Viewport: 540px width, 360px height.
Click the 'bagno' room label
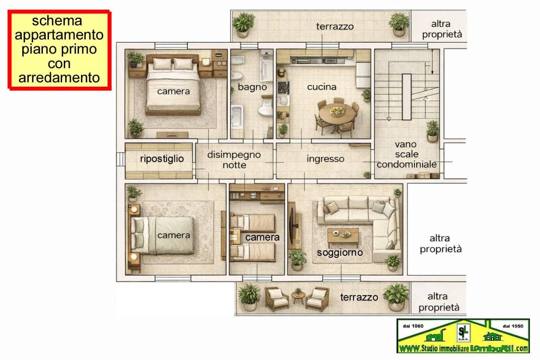click(252, 87)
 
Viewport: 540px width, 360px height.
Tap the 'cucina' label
click(321, 87)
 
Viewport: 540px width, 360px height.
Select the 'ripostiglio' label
click(162, 159)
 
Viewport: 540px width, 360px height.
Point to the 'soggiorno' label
click(340, 253)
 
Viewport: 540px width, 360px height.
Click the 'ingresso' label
click(325, 159)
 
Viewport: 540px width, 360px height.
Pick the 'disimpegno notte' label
click(234, 160)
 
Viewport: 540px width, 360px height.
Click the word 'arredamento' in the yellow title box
click(59, 77)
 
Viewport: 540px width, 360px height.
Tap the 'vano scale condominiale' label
click(407, 155)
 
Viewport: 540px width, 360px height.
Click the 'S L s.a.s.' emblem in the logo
click(463, 333)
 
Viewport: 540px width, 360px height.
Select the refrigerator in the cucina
click(363, 75)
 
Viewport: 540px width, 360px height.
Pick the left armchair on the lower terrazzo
click(277, 298)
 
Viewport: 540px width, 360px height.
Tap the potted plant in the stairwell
click(433, 131)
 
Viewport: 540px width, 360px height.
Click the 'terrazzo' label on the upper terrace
click(335, 26)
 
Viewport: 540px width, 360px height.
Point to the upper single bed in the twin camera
click(253, 223)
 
